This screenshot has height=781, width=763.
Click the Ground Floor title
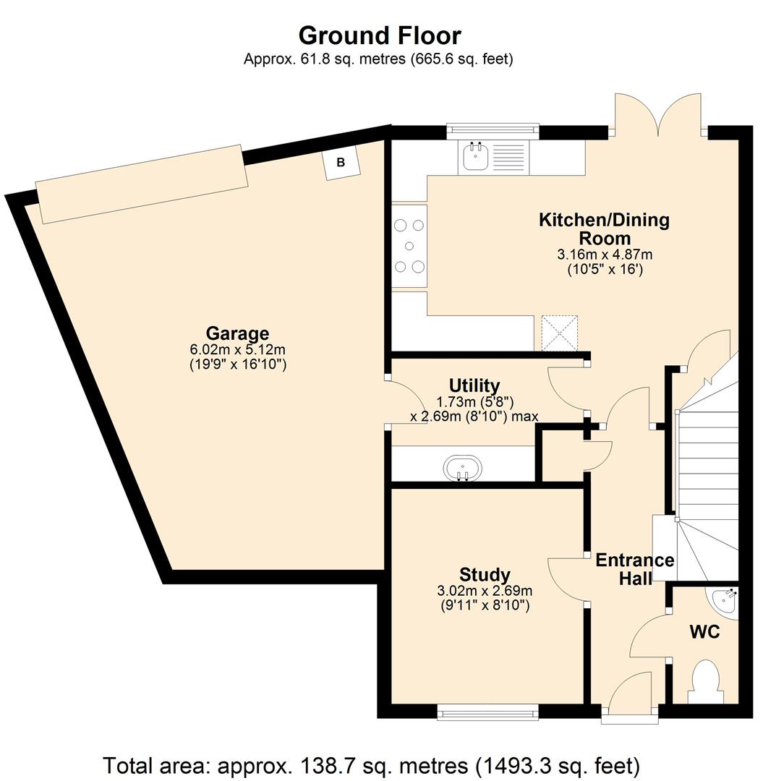coord(380,36)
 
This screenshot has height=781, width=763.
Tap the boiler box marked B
coord(341,163)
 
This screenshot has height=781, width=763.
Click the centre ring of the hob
coord(409,246)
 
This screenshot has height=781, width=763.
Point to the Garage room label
coord(237,333)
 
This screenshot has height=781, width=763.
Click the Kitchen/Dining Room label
coord(604,229)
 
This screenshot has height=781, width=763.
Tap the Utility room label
coord(474,385)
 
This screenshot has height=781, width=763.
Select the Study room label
coord(485,575)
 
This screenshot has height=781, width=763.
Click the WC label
coord(704,632)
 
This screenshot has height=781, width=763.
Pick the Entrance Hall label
coord(635,569)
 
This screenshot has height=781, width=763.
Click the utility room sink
coord(463,468)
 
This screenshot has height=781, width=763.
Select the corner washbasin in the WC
coord(726,601)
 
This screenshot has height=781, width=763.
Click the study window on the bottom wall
coord(488,713)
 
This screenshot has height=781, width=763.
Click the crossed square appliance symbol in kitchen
coord(560,333)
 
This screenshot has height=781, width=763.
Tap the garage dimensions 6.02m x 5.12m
coord(237,350)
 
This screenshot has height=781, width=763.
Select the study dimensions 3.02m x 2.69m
coord(485,592)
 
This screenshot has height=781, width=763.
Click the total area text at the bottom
coord(371,764)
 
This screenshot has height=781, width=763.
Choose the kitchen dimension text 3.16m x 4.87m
coord(605,255)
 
